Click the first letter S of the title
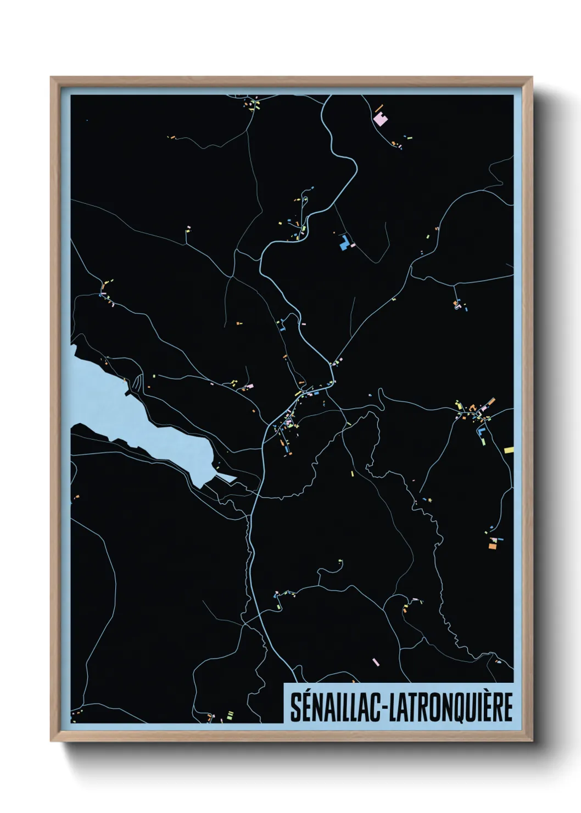coord(294,707)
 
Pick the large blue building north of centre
coord(344,242)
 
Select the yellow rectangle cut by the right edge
coord(509,450)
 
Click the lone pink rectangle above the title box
coord(376,662)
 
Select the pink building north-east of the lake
coord(249,386)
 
